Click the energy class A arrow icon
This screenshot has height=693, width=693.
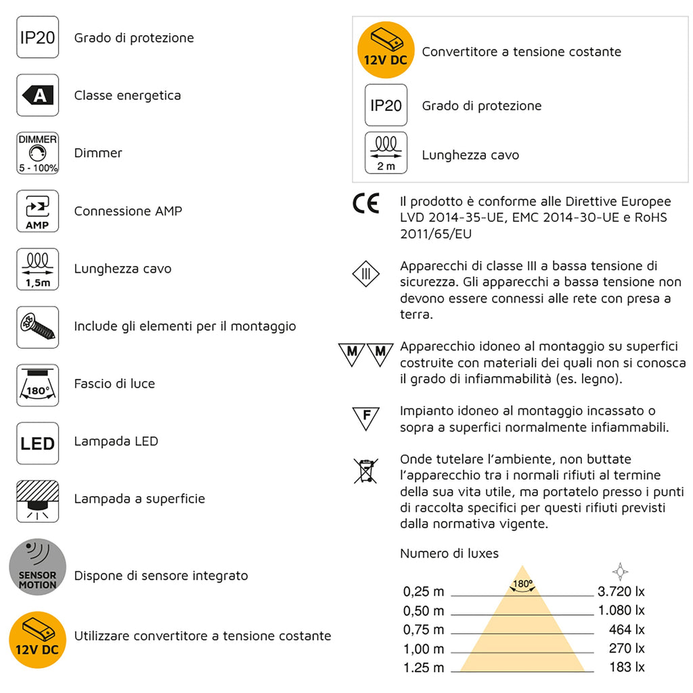pyautogui.click(x=37, y=95)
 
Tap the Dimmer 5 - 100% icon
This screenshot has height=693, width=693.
pyautogui.click(x=37, y=153)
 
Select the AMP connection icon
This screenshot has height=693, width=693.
pyautogui.click(x=37, y=211)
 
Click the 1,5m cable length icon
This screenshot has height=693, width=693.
pyautogui.click(x=37, y=269)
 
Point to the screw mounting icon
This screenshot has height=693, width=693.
pyautogui.click(x=37, y=326)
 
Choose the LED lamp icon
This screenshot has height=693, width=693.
pyautogui.click(x=37, y=443)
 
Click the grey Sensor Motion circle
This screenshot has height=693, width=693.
pyautogui.click(x=37, y=567)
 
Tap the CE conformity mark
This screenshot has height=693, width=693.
pyautogui.click(x=366, y=204)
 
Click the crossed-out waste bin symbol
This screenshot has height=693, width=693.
pyautogui.click(x=365, y=470)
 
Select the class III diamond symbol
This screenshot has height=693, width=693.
pyautogui.click(x=365, y=274)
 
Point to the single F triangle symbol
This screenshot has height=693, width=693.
pyautogui.click(x=365, y=418)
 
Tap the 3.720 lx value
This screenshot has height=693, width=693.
pyautogui.click(x=621, y=591)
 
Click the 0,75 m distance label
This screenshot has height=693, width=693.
pyautogui.click(x=424, y=630)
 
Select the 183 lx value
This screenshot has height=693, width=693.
pyautogui.click(x=627, y=667)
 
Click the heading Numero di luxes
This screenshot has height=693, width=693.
pyautogui.click(x=449, y=554)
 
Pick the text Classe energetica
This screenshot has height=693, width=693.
pyautogui.click(x=127, y=95)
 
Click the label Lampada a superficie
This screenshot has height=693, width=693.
pyautogui.click(x=139, y=499)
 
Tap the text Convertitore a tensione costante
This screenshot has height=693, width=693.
pyautogui.click(x=521, y=52)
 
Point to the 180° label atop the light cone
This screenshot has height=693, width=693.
pyautogui.click(x=522, y=583)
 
